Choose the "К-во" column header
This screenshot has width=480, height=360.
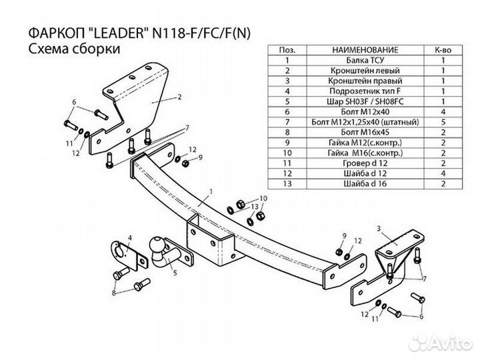(x=443, y=50)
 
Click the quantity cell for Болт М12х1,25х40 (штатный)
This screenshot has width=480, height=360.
(x=443, y=123)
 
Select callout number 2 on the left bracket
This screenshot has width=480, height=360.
(x=179, y=97)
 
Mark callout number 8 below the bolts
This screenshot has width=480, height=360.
(x=114, y=293)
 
